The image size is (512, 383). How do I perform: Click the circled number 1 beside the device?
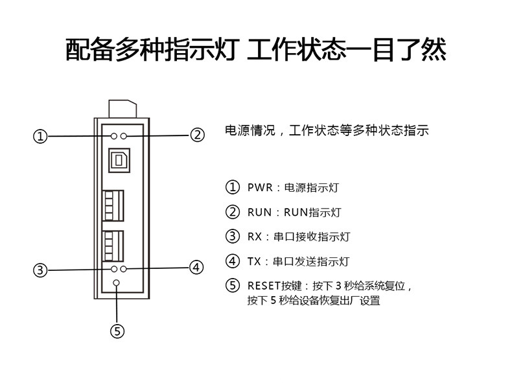pos(41,136)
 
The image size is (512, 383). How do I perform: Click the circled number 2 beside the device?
pos(197,135)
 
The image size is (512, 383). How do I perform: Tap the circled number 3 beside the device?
pos(41,270)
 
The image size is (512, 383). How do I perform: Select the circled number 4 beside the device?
pos(197,267)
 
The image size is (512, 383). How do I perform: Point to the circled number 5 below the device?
pos(117,331)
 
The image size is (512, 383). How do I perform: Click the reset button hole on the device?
pos(117,283)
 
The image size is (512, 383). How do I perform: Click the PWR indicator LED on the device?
pos(115,136)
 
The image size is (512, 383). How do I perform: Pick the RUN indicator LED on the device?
pos(124,136)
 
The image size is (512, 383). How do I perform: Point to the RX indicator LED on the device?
pos(115,268)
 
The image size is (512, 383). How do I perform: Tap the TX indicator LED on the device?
pos(124,268)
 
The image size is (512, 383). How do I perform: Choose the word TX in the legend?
pos(253,261)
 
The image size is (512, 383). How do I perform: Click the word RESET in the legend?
pos(262,285)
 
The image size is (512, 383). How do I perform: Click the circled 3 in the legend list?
pos(232,237)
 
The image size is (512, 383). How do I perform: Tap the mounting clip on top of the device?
pos(122,108)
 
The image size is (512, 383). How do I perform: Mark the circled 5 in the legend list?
pos(232,285)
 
